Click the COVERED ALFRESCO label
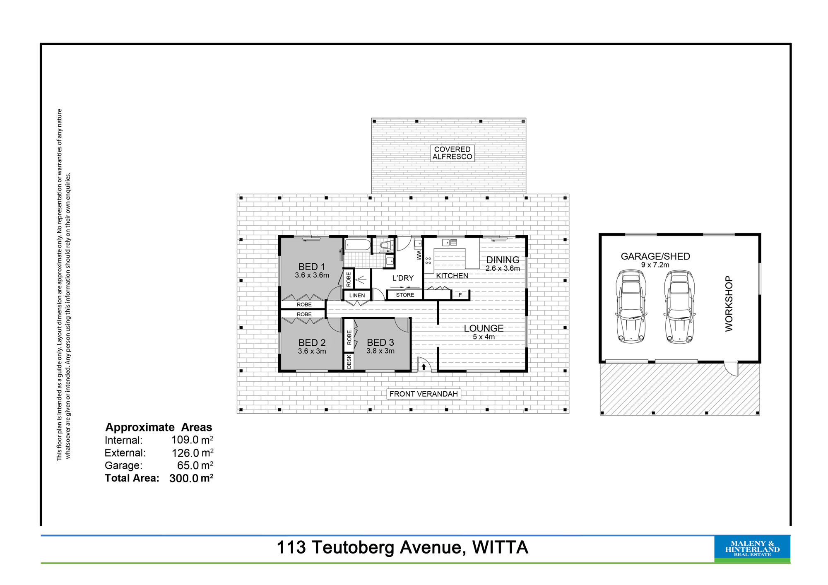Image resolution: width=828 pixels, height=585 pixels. (452, 153)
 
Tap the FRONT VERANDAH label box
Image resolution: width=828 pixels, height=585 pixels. (424, 394)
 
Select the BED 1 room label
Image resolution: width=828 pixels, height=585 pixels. (312, 267)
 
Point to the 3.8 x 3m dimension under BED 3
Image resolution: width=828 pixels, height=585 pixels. (380, 351)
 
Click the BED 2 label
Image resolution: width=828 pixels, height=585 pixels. (312, 343)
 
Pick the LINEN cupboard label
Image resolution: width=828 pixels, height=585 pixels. (357, 295)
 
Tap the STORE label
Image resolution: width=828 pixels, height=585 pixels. (405, 295)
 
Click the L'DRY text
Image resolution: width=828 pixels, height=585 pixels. (403, 278)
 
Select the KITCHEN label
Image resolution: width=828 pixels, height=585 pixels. (452, 276)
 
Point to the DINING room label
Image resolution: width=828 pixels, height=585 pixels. (503, 260)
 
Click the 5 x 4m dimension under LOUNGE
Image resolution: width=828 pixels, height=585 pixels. (484, 337)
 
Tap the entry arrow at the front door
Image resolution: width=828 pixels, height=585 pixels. (424, 366)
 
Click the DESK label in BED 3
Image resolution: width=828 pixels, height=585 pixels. (349, 361)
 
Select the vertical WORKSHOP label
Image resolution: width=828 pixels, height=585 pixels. (729, 303)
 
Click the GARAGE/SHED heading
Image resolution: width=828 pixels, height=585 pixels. (655, 256)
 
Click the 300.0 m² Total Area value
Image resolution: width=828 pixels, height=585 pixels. (191, 478)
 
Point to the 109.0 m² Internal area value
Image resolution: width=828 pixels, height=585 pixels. (192, 440)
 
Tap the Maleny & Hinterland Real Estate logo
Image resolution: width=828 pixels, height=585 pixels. (752, 549)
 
